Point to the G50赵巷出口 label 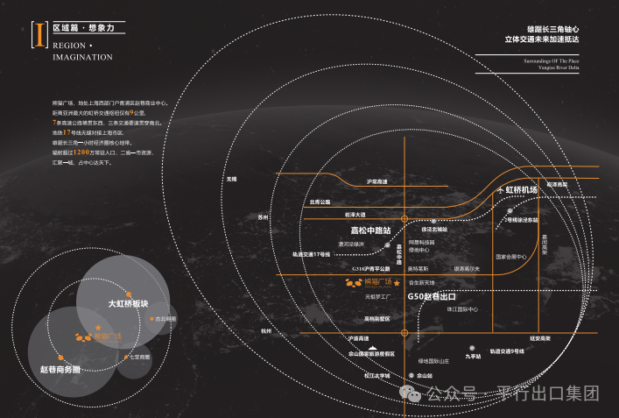(434, 297)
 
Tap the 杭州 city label (266, 331)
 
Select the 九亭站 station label (473, 356)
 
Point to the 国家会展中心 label (510, 257)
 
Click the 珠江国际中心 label (462, 308)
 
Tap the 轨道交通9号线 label (507, 351)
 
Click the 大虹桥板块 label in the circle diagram (128, 303)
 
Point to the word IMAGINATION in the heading (82, 57)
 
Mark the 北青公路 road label (320, 202)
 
